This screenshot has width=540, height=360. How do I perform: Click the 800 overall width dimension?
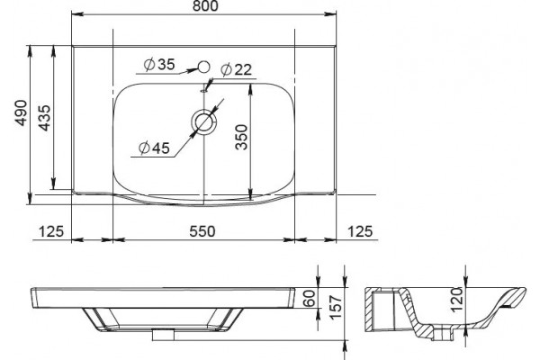(x=205, y=6)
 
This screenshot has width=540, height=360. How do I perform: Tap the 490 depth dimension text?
(x=22, y=113)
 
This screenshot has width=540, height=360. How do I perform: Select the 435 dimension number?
(x=45, y=118)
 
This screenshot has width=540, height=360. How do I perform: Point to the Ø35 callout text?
(x=159, y=65)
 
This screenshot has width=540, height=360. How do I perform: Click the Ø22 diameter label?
(x=236, y=70)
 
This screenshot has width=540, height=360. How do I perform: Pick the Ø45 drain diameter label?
(x=154, y=148)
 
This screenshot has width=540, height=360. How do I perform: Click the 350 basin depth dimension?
(x=242, y=137)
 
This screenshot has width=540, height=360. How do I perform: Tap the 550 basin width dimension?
(x=202, y=231)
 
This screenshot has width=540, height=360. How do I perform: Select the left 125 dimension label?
(x=51, y=231)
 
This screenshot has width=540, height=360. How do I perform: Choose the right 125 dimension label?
(x=360, y=231)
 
